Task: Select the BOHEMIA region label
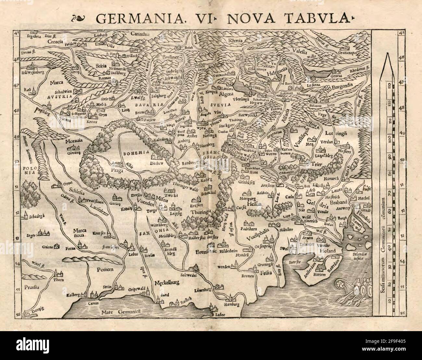132,152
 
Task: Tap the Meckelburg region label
167,282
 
